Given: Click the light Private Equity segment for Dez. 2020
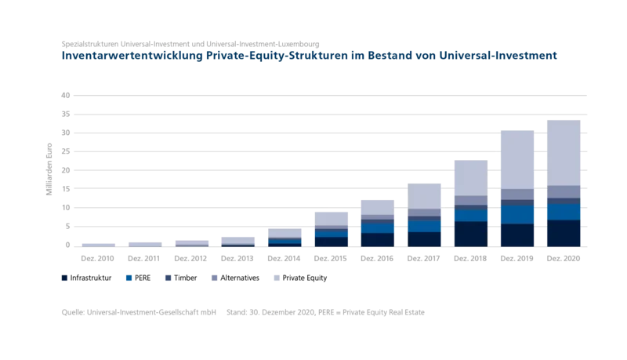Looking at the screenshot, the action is point(564,153).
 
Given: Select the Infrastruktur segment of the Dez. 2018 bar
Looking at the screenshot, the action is point(471,234).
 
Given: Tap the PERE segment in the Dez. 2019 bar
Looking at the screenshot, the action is point(517,215).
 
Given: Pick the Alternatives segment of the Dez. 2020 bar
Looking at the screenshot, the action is point(564,191).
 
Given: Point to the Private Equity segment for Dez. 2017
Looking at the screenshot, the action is point(424,196).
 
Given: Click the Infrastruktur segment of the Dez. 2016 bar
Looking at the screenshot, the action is point(378,240).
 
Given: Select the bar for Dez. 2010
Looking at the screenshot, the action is point(99,245).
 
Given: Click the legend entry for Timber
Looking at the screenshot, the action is point(181,278).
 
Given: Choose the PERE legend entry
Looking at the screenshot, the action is point(139,278).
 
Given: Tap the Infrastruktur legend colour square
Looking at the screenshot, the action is point(64,278).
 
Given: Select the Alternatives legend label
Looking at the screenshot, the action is point(240,278).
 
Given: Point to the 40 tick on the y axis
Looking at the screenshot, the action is point(66,95).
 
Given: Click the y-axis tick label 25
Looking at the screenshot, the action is point(66,151).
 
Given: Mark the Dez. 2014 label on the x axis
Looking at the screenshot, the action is point(284,258).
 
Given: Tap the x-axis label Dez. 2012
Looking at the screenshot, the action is point(190,258).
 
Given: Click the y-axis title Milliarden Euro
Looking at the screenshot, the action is point(49,169).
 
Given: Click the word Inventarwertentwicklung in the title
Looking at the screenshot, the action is point(132,55).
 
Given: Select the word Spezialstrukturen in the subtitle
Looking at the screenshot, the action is point(90,44).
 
